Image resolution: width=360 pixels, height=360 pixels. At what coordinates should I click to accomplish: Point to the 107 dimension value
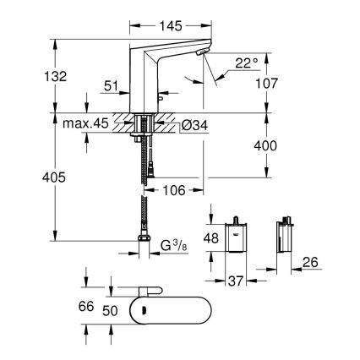tap(290, 84)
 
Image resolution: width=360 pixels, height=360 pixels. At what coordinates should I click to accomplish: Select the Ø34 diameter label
tap(194, 126)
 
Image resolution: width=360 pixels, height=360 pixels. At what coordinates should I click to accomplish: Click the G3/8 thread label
tap(174, 247)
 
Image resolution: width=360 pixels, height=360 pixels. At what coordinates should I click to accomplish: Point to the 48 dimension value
tap(214, 239)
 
